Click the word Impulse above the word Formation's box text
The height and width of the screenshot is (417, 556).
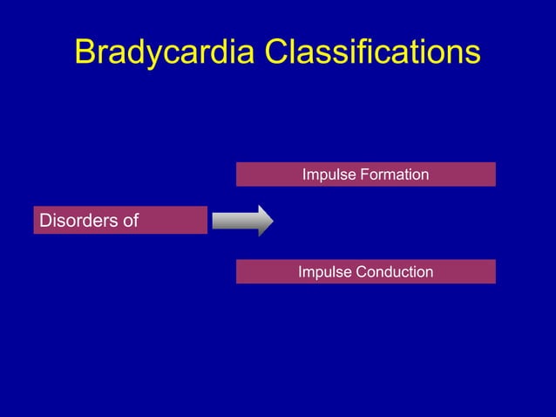pyautogui.click(x=329, y=175)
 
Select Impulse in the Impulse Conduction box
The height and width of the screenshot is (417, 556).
pyautogui.click(x=325, y=272)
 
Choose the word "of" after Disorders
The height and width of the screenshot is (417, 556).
pyautogui.click(x=130, y=221)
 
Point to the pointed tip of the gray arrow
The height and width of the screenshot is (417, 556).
pyautogui.click(x=272, y=221)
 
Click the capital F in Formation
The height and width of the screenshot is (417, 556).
pyautogui.click(x=363, y=174)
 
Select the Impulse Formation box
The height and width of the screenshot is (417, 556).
pyautogui.click(x=365, y=174)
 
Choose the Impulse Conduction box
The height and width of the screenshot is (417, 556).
pyautogui.click(x=365, y=271)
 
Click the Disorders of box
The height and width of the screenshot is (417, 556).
pyautogui.click(x=120, y=221)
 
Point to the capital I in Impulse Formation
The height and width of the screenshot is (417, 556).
pyautogui.click(x=304, y=174)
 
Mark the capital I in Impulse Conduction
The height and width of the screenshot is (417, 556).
pyautogui.click(x=301, y=271)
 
